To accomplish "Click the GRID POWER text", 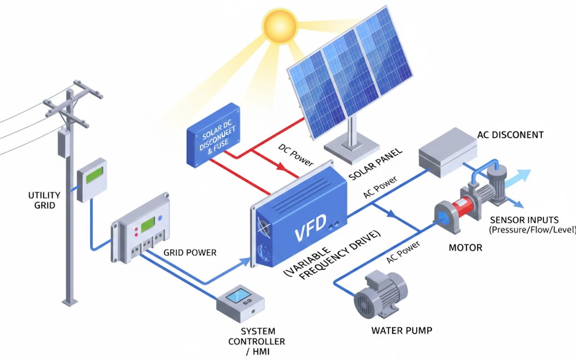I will pyautogui.click(x=190, y=253).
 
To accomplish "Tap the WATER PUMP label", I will pyautogui.click(x=402, y=330).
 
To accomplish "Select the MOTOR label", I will pyautogui.click(x=465, y=247).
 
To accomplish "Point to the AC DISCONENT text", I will pyautogui.click(x=510, y=135).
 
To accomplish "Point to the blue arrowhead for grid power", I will pyautogui.click(x=245, y=260).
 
